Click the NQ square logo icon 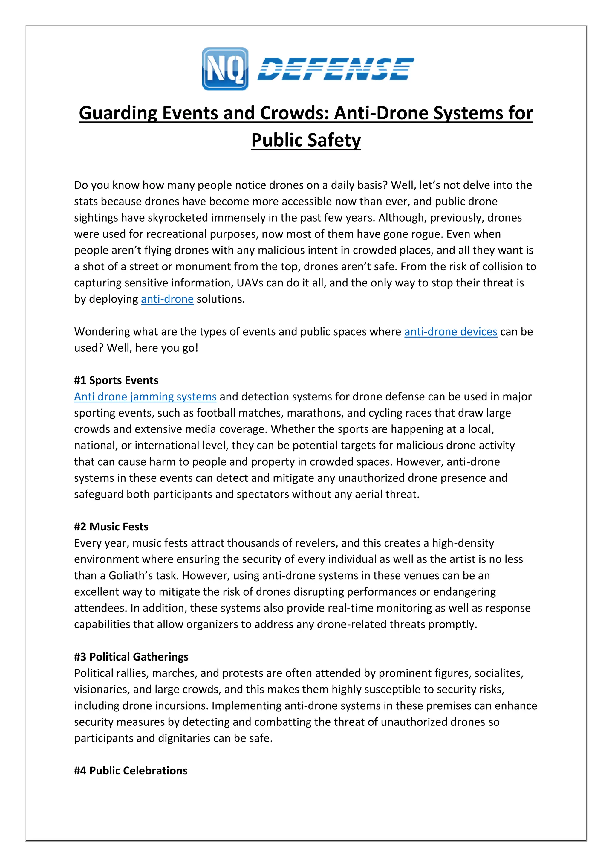tap(225, 69)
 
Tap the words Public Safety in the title tap(306, 140)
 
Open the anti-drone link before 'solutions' tap(167, 299)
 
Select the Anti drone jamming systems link tap(145, 397)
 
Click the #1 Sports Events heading tap(116, 380)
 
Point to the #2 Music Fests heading tap(111, 527)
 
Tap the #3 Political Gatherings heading tap(131, 657)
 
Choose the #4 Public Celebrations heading tap(131, 771)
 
